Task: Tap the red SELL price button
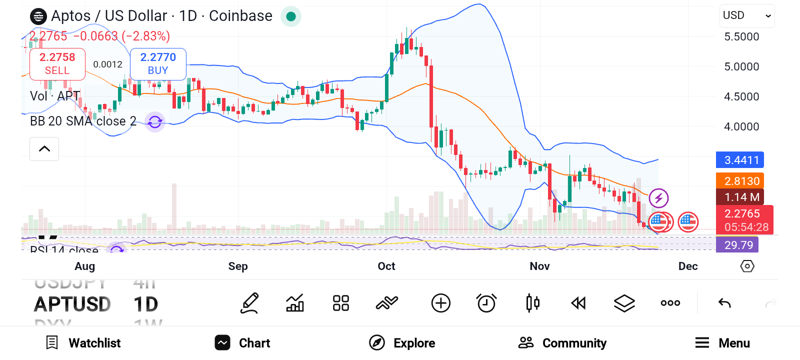pos(57,64)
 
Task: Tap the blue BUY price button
pos(158,64)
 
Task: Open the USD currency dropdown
pos(747,15)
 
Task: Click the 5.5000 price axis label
pos(741,37)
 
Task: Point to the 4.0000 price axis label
pos(741,127)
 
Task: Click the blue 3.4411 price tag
pos(740,160)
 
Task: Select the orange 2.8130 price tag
pos(740,181)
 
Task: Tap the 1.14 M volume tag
pos(740,197)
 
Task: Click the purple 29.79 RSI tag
pos(737,245)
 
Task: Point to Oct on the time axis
pos(386,266)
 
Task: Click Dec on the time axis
pos(687,266)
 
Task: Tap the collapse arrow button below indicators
pos(44,149)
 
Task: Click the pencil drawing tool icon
pos(249,303)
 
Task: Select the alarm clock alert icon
pos(486,303)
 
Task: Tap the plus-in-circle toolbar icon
pos(440,303)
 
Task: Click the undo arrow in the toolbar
pos(724,303)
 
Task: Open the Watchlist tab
pos(83,343)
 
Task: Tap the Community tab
pos(562,343)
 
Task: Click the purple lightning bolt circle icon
pos(658,198)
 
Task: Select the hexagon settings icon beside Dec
pos(747,266)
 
